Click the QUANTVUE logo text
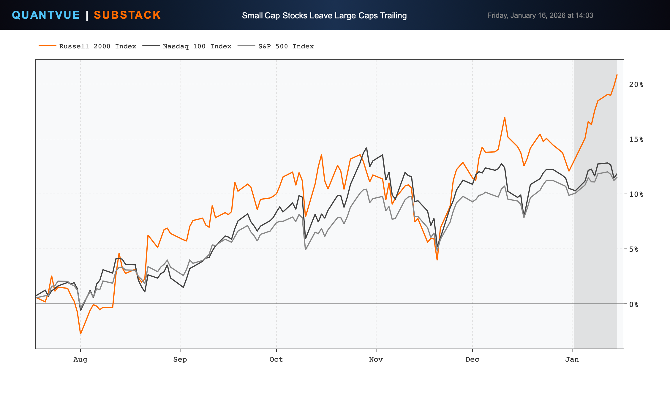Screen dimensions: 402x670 46,15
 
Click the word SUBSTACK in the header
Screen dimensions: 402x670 127,15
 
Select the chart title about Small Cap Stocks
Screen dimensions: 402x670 324,15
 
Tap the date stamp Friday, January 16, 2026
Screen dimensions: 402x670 540,15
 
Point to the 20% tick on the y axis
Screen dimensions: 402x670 636,85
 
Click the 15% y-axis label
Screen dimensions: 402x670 636,140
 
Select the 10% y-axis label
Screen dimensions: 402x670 636,194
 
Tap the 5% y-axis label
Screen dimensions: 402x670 633,249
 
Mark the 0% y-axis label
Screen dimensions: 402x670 633,304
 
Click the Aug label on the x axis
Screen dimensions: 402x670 80,360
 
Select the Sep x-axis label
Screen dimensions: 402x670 180,360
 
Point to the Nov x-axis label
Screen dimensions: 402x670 376,360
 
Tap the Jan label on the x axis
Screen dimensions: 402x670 572,360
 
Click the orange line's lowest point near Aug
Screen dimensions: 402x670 80,334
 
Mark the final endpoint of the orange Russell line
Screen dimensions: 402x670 617,75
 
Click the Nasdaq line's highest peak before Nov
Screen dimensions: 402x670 366,148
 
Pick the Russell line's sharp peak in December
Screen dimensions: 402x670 505,118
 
